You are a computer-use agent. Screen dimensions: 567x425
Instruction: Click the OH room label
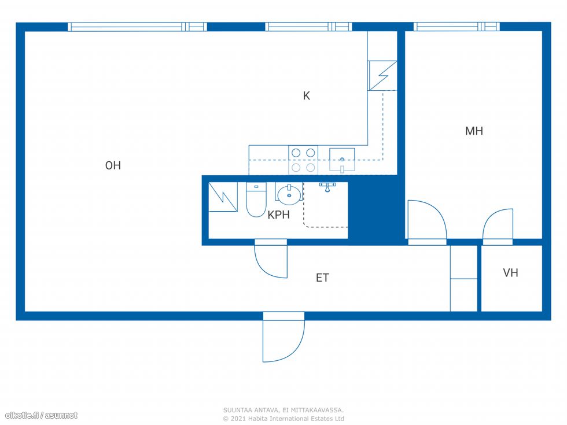[x=113, y=165]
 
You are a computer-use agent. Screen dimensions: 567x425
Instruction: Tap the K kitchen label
[x=306, y=96]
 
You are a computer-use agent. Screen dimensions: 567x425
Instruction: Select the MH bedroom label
[x=474, y=131]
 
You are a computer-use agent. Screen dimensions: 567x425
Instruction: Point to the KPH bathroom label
[x=278, y=215]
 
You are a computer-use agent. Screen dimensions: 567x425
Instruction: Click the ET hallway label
[x=322, y=278]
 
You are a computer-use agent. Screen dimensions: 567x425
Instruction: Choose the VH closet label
[x=510, y=272]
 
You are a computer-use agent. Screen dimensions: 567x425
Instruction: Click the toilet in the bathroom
[x=256, y=199]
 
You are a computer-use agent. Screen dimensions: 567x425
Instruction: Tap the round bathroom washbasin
[x=289, y=193]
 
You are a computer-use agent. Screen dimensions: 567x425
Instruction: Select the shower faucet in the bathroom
[x=327, y=187]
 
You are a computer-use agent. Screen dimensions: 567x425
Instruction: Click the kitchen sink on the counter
[x=342, y=160]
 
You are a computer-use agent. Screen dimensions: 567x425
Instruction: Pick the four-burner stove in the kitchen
[x=303, y=160]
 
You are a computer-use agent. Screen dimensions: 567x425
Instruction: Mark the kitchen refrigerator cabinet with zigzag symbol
[x=382, y=76]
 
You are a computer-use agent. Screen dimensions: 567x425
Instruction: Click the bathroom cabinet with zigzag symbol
[x=223, y=197]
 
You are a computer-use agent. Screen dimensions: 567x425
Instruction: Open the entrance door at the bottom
[x=283, y=337]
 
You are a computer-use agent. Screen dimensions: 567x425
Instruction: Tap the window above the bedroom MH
[x=456, y=27]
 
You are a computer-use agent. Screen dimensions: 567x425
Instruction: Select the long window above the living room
[x=138, y=27]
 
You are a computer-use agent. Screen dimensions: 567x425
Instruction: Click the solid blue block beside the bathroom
[x=375, y=210]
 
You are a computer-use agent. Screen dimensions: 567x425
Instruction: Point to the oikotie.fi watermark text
[x=41, y=415]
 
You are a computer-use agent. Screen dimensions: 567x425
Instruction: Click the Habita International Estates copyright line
[x=283, y=419]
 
